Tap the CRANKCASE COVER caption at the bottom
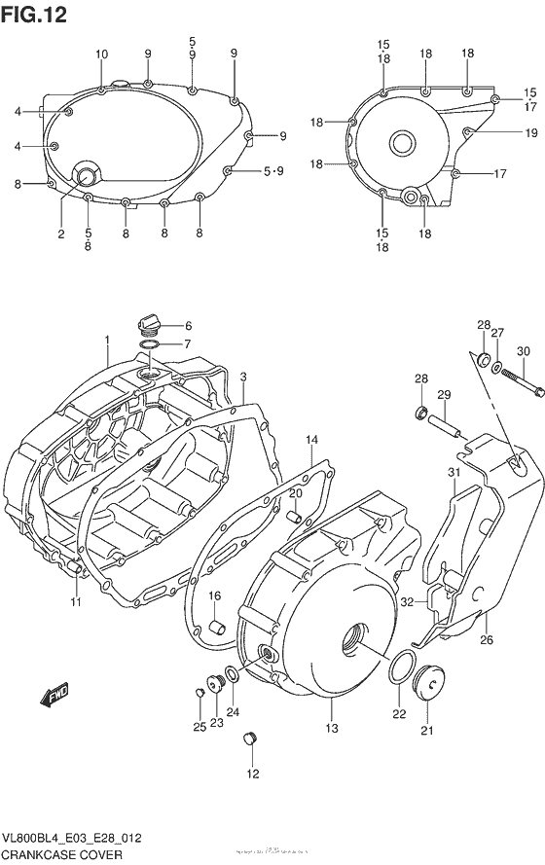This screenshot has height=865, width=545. click(61, 853)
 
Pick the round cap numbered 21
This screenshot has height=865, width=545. click(429, 681)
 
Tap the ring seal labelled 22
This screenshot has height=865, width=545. click(398, 670)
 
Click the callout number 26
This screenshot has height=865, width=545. click(487, 640)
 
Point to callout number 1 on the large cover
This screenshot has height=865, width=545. click(107, 339)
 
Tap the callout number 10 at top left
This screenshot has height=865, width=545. click(102, 54)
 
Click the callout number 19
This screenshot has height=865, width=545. click(530, 132)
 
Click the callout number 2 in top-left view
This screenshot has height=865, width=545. click(60, 234)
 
